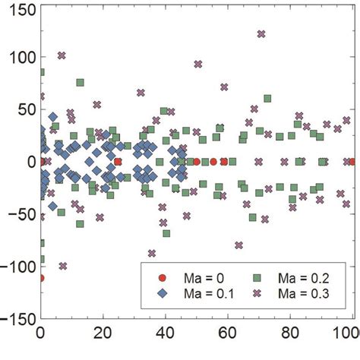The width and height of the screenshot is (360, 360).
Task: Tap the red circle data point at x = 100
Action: (x=352, y=162)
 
